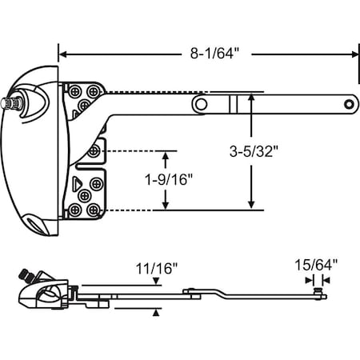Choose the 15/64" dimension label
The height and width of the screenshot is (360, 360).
(x=318, y=262)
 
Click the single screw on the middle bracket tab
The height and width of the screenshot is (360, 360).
(x=94, y=150)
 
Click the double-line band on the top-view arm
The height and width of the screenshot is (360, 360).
(x=233, y=102)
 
